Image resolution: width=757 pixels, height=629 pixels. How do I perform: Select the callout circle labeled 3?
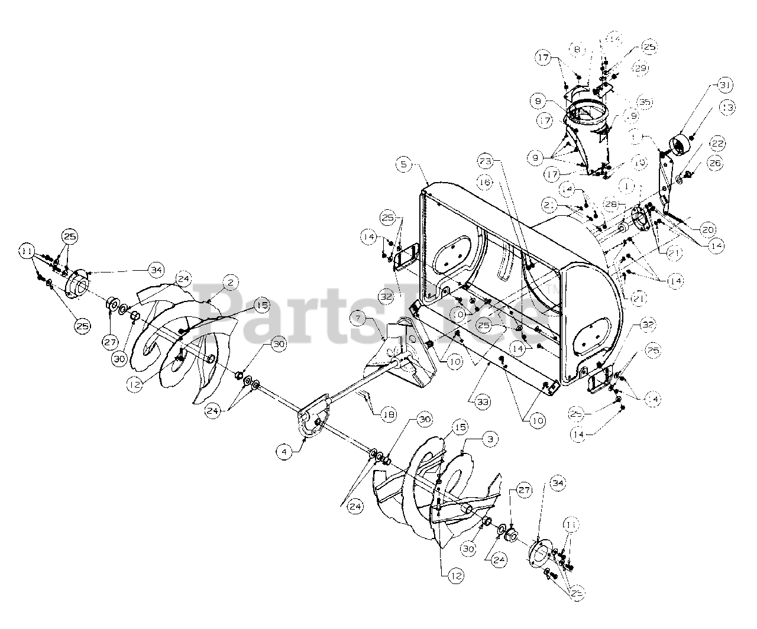coord(490,439)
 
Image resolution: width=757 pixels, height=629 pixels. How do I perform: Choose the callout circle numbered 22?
coord(717,144)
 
